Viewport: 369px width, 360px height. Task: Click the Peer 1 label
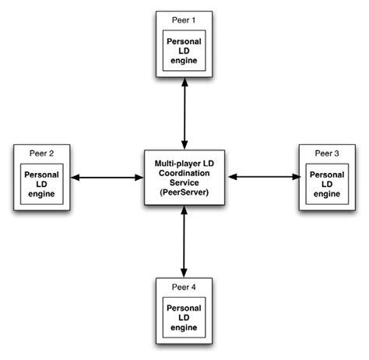(184, 17)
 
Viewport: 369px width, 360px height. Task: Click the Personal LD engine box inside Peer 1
(184, 51)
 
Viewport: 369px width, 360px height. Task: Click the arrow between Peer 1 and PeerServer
(184, 112)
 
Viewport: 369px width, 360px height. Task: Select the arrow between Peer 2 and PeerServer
(108, 178)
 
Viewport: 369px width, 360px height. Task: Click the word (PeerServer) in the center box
(184, 192)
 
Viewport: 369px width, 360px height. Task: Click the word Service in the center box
(184, 182)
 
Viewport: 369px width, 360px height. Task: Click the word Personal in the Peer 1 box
(184, 41)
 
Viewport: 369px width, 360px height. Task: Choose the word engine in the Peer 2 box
(42, 195)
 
